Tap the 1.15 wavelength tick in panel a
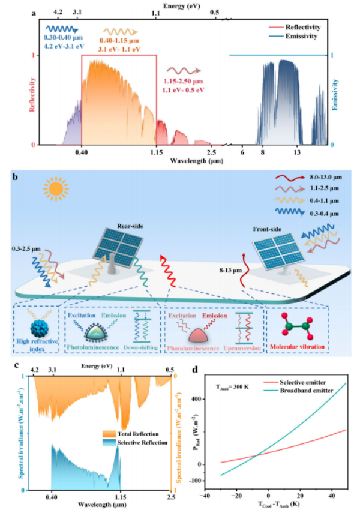point(156,152)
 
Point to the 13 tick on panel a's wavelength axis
point(297,152)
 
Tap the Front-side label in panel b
point(265,228)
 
